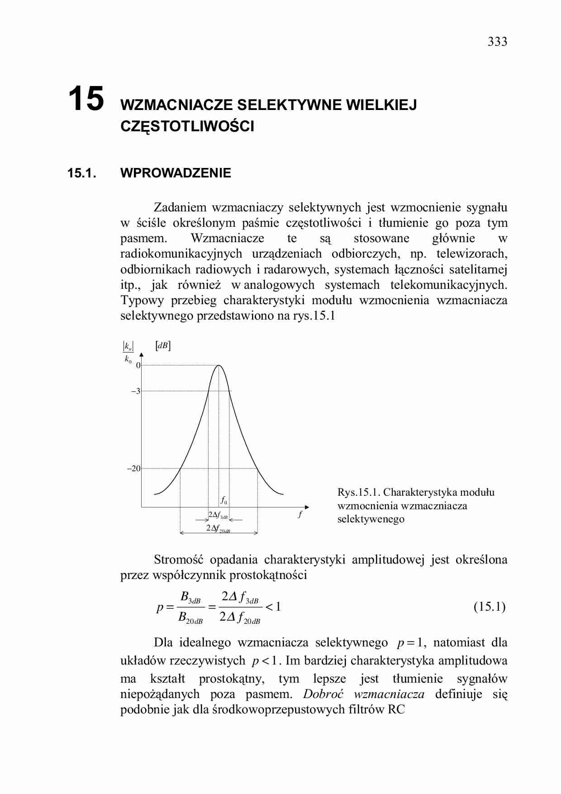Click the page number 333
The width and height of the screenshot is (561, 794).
497,42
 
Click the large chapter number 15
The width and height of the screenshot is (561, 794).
86,99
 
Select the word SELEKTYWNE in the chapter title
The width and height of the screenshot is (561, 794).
290,105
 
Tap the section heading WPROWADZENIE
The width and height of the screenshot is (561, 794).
176,173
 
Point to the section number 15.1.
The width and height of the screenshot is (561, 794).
81,173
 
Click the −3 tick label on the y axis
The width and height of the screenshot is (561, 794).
136,391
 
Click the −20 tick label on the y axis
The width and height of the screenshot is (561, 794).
134,469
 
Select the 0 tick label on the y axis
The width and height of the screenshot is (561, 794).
138,365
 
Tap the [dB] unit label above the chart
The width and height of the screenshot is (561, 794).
163,346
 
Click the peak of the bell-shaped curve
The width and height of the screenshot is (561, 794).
219,365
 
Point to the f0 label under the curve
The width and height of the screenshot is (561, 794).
224,500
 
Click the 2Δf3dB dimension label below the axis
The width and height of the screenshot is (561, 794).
218,515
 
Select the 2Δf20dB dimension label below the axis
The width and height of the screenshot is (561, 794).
218,528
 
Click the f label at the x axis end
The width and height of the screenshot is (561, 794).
300,514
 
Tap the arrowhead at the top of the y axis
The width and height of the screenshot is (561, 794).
142,355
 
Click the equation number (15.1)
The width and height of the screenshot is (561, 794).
490,607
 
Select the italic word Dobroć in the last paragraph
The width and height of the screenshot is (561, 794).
323,694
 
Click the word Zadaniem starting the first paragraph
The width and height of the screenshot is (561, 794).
180,207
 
